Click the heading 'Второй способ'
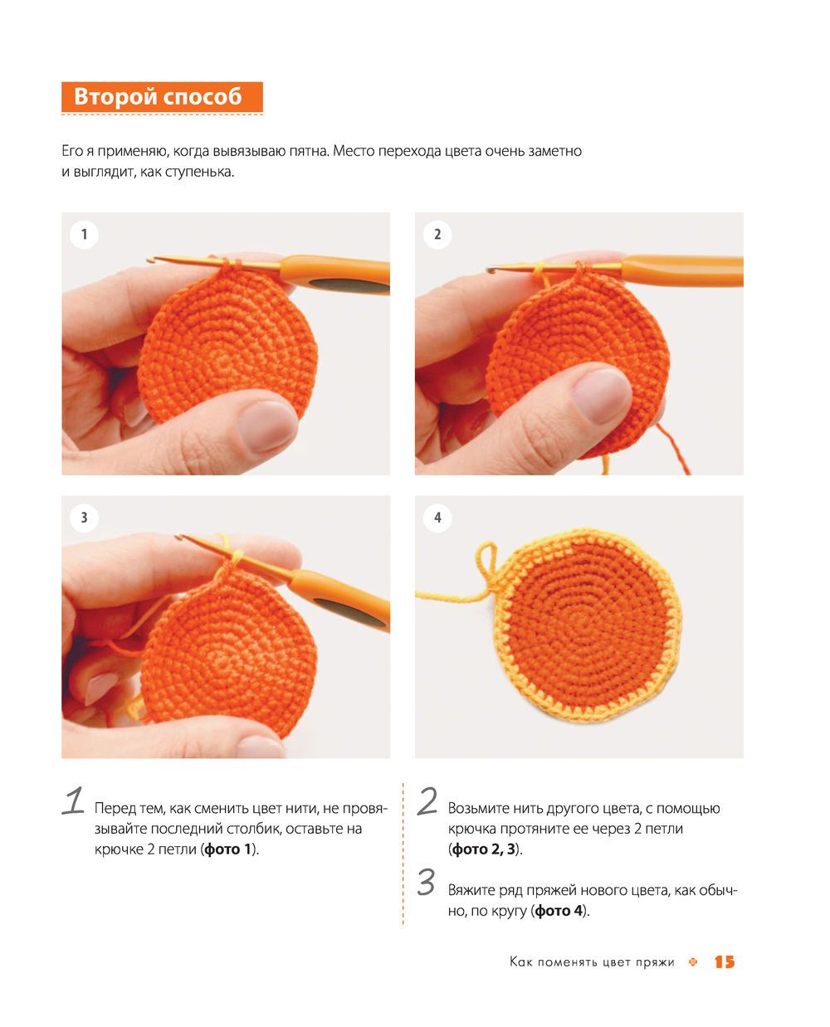pos(158,96)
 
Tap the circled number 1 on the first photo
pos(84,234)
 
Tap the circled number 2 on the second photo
pos(437,234)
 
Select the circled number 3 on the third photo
pos(84,518)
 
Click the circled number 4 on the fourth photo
pos(437,518)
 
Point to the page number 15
pos(724,961)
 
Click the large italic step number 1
pos(73,801)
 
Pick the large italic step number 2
pos(427,801)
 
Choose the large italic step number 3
pos(427,883)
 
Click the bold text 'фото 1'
pos(227,849)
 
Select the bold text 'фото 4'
pos(559,910)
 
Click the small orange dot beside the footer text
pos(692,962)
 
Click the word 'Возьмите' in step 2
pos(478,809)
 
